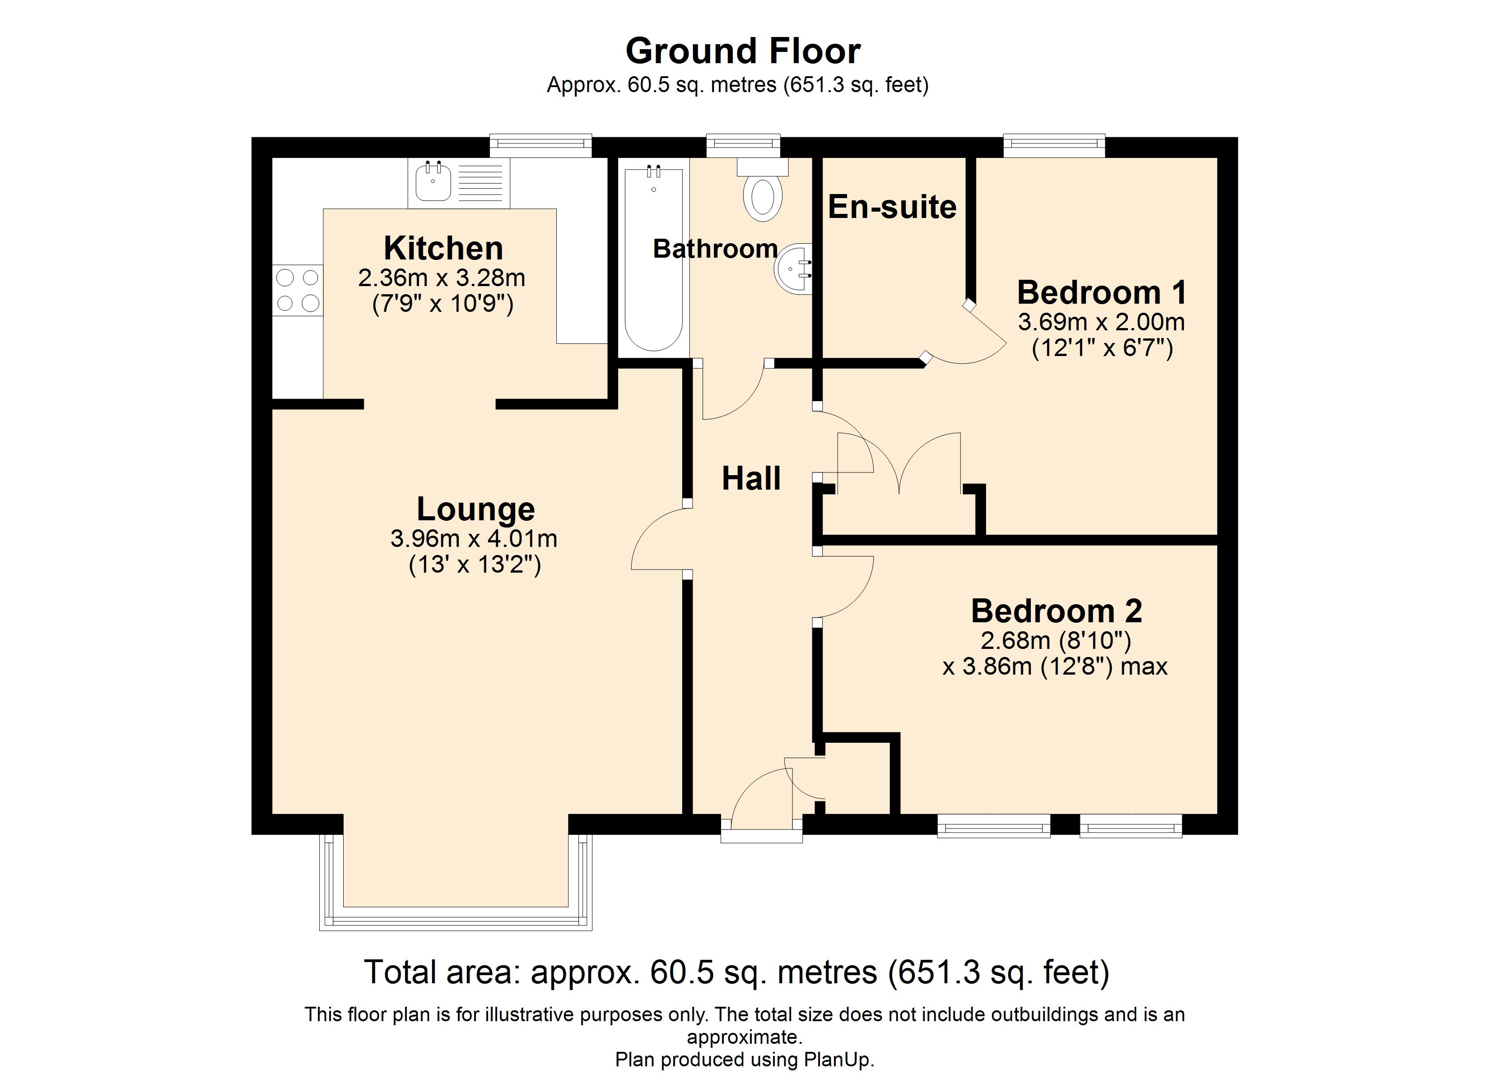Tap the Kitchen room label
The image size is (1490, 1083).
[443, 248]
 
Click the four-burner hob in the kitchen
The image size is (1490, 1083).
[298, 290]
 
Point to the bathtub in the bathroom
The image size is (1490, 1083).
[654, 260]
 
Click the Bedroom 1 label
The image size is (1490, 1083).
[1102, 292]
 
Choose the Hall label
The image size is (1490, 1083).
[752, 478]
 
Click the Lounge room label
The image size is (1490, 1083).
[475, 509]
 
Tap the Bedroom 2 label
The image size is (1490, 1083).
[1057, 611]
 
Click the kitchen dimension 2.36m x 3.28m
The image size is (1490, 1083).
[442, 278]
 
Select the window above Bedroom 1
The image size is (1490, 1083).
[1054, 146]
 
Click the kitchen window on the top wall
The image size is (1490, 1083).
[540, 146]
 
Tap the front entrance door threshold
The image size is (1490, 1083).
[761, 836]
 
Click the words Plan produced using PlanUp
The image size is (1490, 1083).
[745, 1060]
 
